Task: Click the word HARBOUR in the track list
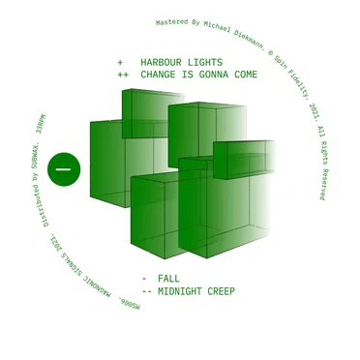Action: [161, 62]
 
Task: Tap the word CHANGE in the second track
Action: [158, 75]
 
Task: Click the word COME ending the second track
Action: [246, 75]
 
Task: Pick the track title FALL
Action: [168, 279]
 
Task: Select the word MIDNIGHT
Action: [180, 291]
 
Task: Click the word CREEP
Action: [222, 291]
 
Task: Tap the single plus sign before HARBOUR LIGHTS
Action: [120, 62]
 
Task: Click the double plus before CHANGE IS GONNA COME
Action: [123, 75]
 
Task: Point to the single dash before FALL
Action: [144, 279]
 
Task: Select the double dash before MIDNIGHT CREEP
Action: [147, 292]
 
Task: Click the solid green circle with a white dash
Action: [64, 169]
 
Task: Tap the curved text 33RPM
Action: [42, 124]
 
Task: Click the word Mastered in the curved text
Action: [167, 22]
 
